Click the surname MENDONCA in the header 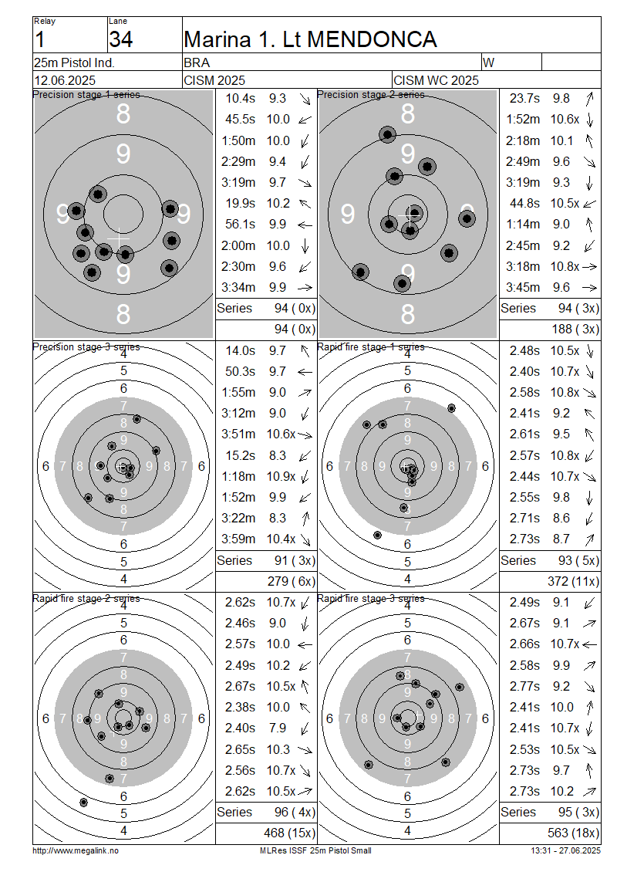(x=372, y=39)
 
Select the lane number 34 (x=120, y=39)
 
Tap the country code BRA (x=197, y=63)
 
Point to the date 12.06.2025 (x=65, y=80)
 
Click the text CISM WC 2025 (x=436, y=80)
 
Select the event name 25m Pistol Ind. (x=75, y=63)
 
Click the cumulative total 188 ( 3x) (x=575, y=330)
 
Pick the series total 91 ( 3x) (x=295, y=560)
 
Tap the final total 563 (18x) (x=573, y=833)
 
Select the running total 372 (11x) (x=573, y=582)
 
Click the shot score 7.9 (x=278, y=728)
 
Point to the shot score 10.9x (x=282, y=477)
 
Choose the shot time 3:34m (x=238, y=288)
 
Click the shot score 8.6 (x=561, y=519)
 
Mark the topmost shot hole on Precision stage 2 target (x=387, y=134)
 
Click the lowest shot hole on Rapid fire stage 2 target (x=83, y=803)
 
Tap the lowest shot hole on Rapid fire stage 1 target (x=377, y=535)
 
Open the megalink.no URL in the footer (x=76, y=850)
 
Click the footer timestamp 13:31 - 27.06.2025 (x=566, y=850)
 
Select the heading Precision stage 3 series (x=86, y=346)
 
